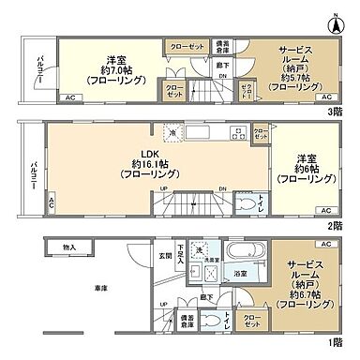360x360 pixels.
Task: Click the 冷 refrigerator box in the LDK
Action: [170, 132]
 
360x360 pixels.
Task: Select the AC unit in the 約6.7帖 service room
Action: [325, 244]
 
